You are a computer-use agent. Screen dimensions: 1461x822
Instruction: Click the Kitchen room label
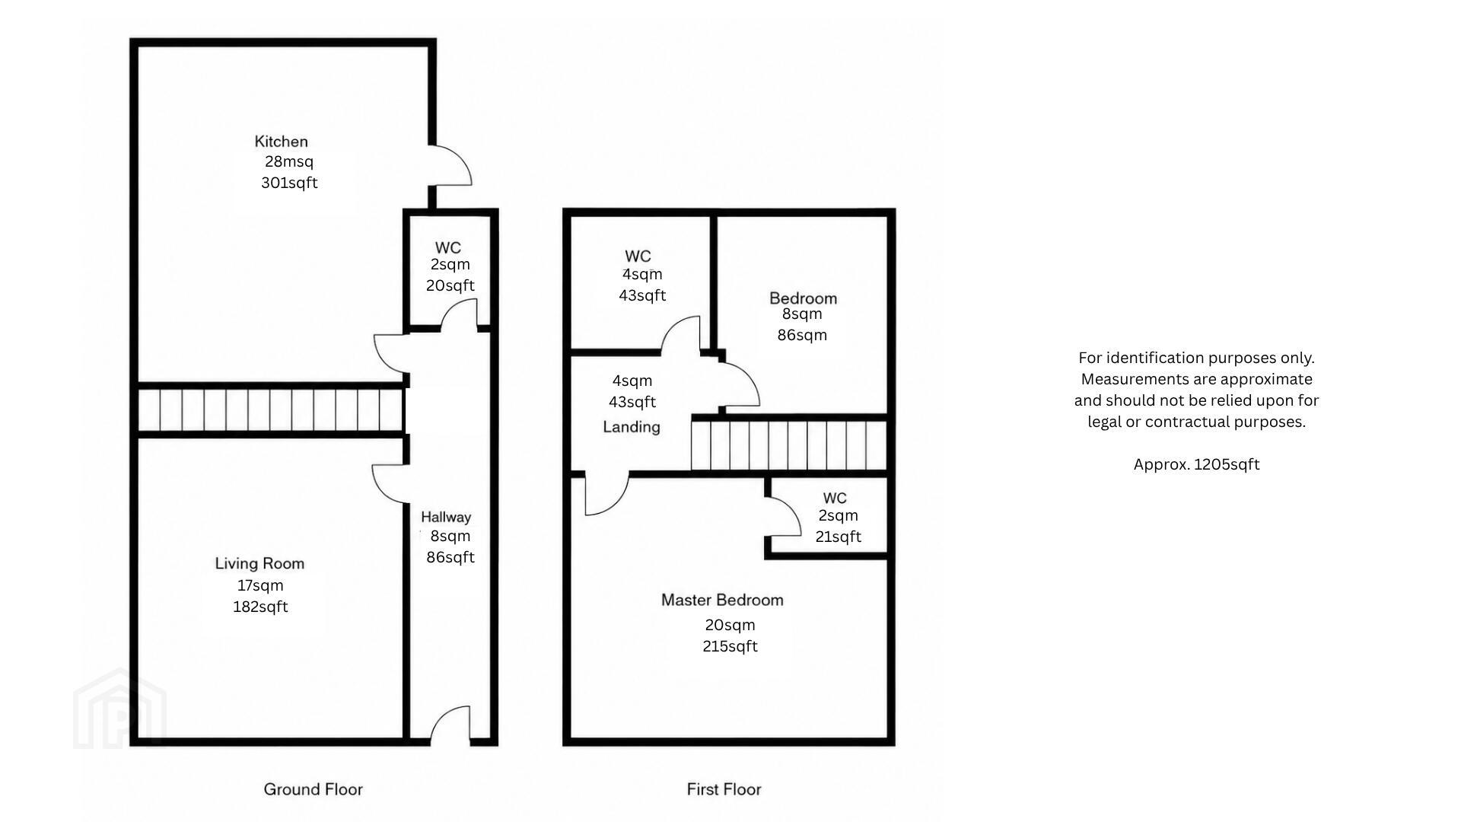[x=281, y=142]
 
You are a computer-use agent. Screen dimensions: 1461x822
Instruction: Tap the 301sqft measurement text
[x=289, y=183]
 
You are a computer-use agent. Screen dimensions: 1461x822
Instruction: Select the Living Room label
[x=259, y=563]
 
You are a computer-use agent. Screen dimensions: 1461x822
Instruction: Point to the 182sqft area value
[x=260, y=607]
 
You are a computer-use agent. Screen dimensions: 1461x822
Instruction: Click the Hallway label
[x=446, y=517]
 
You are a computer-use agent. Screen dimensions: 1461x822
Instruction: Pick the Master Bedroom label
[x=722, y=600]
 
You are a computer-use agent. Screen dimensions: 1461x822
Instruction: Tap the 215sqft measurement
[x=730, y=646]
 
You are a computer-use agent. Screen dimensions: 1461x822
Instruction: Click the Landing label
[x=632, y=427]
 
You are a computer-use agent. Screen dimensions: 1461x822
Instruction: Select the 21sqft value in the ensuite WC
[x=838, y=537]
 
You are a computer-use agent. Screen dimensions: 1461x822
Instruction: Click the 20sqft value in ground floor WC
[x=450, y=285]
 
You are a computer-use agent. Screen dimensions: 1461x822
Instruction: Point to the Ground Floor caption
[x=313, y=789]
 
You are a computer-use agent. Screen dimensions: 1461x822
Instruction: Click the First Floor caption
[x=724, y=789]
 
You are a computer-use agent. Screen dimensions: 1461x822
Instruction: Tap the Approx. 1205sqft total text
[x=1196, y=464]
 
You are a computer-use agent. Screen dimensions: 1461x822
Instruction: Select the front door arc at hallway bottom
[x=450, y=712]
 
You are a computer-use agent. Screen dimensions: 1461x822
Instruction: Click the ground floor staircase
[x=270, y=410]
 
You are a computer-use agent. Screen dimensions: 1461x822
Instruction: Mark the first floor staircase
[x=788, y=444]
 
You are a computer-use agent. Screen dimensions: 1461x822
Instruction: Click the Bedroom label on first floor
[x=803, y=298]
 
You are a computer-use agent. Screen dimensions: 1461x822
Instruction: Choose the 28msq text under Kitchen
[x=289, y=161]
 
